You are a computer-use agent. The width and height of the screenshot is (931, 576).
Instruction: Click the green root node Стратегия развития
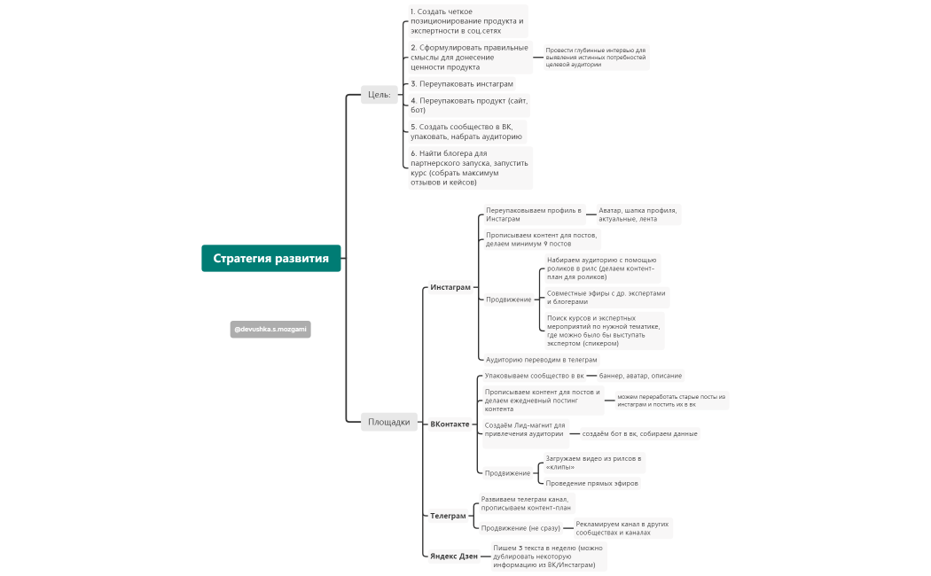270,258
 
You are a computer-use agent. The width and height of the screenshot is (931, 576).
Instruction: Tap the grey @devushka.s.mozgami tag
270,330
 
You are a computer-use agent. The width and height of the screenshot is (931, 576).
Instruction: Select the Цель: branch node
379,94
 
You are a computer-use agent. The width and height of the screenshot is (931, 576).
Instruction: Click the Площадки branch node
389,422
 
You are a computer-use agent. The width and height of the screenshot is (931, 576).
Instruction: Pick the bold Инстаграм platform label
450,287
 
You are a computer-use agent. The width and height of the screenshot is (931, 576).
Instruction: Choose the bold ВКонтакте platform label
450,424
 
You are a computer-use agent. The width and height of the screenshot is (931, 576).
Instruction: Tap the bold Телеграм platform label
448,516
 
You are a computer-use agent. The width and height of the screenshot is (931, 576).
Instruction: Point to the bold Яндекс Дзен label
454,556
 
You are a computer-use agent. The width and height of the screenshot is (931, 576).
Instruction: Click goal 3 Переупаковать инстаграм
462,83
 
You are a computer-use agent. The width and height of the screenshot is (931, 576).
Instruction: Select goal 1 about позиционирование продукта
468,20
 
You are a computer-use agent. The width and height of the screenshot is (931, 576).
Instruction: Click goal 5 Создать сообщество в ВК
466,132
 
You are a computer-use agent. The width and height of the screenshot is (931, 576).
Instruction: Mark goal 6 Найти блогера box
470,167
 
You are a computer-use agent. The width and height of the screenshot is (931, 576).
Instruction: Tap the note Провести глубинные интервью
596,58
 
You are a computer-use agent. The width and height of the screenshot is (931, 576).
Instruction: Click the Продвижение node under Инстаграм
509,300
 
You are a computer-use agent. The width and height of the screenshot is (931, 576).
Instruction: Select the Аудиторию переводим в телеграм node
542,360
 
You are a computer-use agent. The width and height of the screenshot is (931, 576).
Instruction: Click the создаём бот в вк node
639,433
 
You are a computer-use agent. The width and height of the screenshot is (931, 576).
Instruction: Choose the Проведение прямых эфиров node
592,484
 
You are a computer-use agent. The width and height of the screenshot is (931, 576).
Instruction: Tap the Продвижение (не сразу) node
520,528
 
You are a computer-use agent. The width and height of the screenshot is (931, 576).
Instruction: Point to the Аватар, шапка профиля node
638,214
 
